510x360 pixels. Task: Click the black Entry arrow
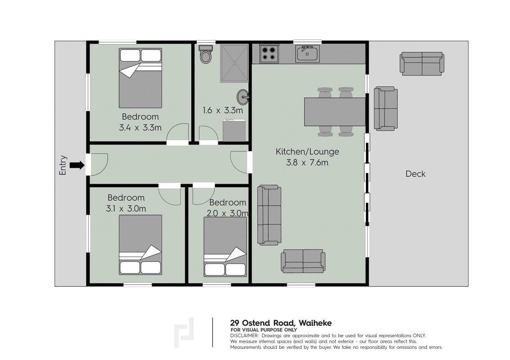click(x=77, y=165)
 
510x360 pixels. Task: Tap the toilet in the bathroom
click(x=205, y=54)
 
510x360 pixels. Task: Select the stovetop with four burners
click(x=269, y=54)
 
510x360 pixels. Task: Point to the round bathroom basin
click(x=243, y=96)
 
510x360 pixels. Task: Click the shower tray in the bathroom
click(x=234, y=63)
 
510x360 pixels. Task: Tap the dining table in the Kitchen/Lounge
click(x=335, y=112)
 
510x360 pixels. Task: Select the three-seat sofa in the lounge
click(x=269, y=215)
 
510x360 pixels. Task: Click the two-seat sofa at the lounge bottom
click(x=303, y=261)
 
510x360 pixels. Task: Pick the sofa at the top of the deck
click(x=422, y=64)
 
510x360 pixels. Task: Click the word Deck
click(x=415, y=174)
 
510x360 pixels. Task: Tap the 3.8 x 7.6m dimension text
click(x=307, y=162)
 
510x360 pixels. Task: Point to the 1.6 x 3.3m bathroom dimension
click(x=223, y=110)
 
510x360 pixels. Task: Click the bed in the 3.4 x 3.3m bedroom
click(x=140, y=78)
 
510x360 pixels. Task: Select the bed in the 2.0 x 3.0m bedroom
click(x=225, y=247)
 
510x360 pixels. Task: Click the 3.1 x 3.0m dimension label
click(x=126, y=208)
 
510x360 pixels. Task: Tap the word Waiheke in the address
click(x=315, y=323)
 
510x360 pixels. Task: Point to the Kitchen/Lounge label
click(x=307, y=152)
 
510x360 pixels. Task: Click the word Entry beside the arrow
click(x=63, y=165)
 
